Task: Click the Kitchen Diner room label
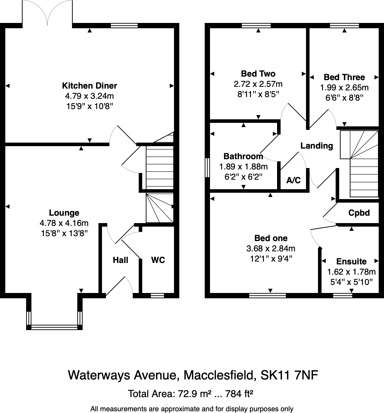[x=89, y=86]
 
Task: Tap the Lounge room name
[x=64, y=213]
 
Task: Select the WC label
[x=158, y=260]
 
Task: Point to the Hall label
[x=120, y=260]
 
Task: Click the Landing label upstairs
[x=317, y=146]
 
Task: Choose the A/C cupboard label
[x=293, y=180]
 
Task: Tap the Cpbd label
[x=359, y=213]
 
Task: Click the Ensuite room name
[x=351, y=262]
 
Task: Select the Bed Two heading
[x=258, y=74]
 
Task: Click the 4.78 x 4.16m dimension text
[x=64, y=223]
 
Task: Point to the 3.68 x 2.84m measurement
[x=271, y=249]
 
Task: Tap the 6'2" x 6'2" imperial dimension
[x=244, y=176]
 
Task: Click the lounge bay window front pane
[x=54, y=327]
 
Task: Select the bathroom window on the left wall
[x=207, y=167]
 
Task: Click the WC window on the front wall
[x=157, y=295]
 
